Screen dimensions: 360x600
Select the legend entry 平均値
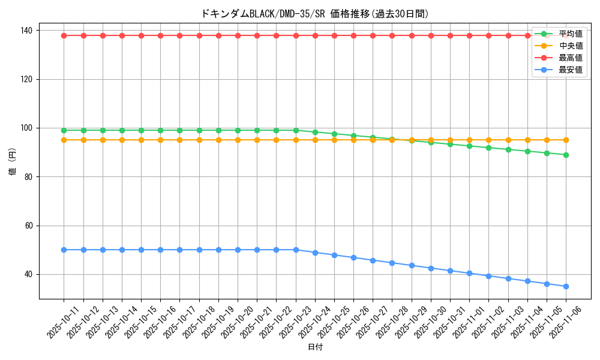point(570,34)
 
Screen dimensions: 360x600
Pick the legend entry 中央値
point(570,46)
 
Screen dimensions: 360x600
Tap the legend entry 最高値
point(570,58)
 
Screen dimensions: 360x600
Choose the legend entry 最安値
point(570,70)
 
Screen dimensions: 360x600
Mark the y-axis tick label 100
point(28,128)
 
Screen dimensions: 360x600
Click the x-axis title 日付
point(315,347)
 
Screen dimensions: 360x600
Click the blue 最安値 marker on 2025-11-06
point(566,286)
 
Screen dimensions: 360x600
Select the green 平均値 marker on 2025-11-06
point(566,155)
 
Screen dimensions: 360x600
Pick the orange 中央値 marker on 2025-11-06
point(566,140)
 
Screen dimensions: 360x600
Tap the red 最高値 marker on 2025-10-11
point(64,35)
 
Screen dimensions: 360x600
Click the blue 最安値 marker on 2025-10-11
point(64,250)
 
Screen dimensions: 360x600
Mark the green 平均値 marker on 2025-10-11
point(64,130)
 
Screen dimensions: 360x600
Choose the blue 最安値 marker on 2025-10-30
point(431,268)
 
